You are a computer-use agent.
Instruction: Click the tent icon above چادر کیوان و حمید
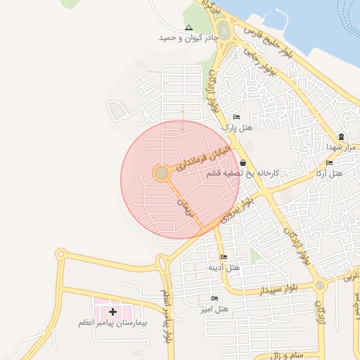(188, 27)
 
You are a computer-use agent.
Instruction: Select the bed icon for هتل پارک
(236, 117)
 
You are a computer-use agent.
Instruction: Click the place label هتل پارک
(237, 127)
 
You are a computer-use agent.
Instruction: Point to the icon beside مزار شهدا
(342, 136)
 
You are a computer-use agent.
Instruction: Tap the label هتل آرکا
(328, 173)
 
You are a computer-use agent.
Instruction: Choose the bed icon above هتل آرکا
(329, 163)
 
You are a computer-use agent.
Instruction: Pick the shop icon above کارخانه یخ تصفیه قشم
(242, 162)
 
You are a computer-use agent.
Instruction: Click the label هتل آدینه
(224, 268)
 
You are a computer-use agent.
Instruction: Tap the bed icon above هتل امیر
(214, 299)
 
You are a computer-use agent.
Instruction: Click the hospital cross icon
(112, 311)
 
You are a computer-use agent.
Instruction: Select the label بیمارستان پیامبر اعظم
(112, 323)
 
